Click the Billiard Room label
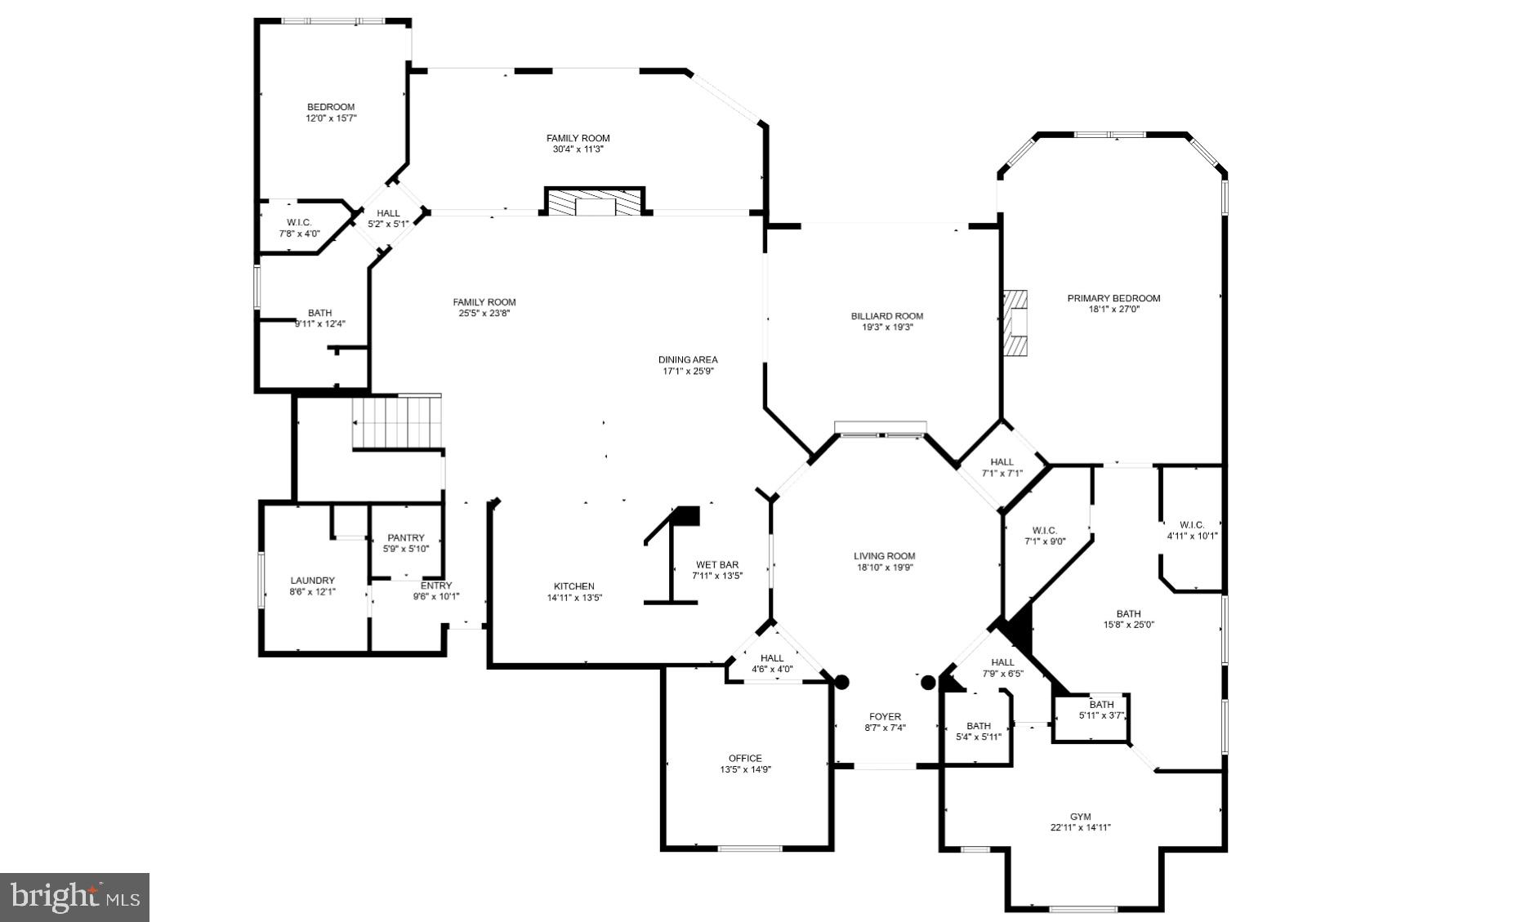(x=886, y=316)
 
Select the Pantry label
(x=406, y=537)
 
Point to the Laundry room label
(x=312, y=581)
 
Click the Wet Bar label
(x=717, y=564)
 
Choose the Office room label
(x=745, y=758)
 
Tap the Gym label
(x=1080, y=817)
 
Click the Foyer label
(x=885, y=716)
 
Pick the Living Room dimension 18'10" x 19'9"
(x=885, y=568)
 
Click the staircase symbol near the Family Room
(x=397, y=422)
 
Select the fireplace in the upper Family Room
(x=595, y=202)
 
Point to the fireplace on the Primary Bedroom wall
(x=1015, y=323)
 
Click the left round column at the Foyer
(x=841, y=682)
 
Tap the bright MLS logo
(x=74, y=897)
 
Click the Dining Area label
(x=688, y=359)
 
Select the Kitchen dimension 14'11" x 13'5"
(x=574, y=597)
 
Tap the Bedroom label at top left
(x=331, y=107)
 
